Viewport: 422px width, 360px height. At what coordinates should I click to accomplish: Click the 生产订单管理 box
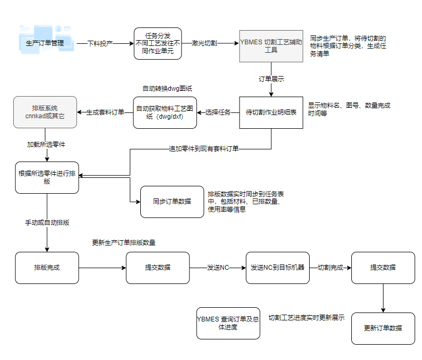coord(45,43)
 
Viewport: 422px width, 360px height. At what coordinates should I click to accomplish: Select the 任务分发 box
coord(158,44)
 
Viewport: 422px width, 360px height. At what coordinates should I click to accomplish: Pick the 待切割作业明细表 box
coord(271,112)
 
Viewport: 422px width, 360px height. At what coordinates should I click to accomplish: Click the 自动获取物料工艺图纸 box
coord(165,112)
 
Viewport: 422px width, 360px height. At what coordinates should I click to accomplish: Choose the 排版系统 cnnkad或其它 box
coord(45,112)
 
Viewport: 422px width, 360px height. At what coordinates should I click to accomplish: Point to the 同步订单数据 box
coord(172,202)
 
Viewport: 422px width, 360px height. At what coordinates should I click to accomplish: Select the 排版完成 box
coord(47,268)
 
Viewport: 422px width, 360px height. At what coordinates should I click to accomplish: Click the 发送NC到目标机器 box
coord(277,268)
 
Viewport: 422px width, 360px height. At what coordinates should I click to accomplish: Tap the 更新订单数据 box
coord(383,328)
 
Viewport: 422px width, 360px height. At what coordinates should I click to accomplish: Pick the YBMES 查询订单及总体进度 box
coord(228,323)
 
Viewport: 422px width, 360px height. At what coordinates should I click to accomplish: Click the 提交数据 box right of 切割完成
coord(383,268)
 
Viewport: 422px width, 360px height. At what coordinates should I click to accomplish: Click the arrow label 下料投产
coord(100,43)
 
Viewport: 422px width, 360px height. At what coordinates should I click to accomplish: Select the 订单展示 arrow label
coord(271,79)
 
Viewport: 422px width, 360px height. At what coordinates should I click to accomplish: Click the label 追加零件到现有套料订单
coord(204,149)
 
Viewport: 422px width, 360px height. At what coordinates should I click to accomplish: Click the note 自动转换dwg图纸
coord(164,88)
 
